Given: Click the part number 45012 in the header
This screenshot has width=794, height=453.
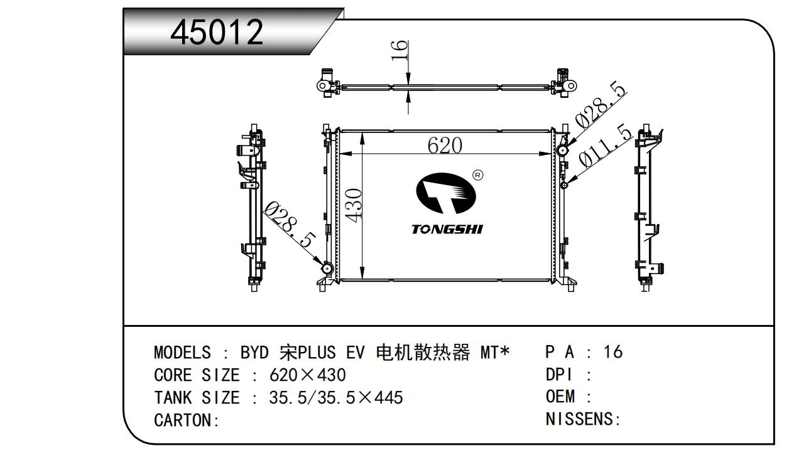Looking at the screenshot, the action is (x=217, y=32).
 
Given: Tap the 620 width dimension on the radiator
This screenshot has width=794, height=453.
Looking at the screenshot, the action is (x=445, y=145).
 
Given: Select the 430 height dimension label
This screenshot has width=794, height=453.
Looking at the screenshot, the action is (x=354, y=205).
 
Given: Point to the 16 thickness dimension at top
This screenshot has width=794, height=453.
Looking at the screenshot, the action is (x=400, y=50).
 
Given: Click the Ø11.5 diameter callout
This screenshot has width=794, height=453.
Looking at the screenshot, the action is (x=606, y=146).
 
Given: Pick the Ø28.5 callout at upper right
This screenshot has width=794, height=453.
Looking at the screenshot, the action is (x=600, y=105).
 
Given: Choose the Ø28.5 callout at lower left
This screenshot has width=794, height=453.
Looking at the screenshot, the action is (x=290, y=225).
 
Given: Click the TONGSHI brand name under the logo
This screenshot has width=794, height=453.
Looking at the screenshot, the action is (x=447, y=229).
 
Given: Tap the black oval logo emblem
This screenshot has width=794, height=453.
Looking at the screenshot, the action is (x=445, y=193).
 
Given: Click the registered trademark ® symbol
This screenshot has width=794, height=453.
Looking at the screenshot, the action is (x=478, y=175).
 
